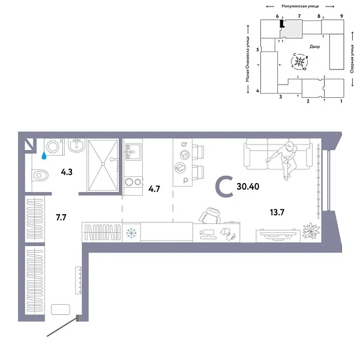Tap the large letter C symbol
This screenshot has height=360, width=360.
(x=224, y=187)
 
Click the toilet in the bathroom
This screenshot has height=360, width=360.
(x=40, y=176)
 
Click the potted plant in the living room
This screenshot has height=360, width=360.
(x=311, y=230)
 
